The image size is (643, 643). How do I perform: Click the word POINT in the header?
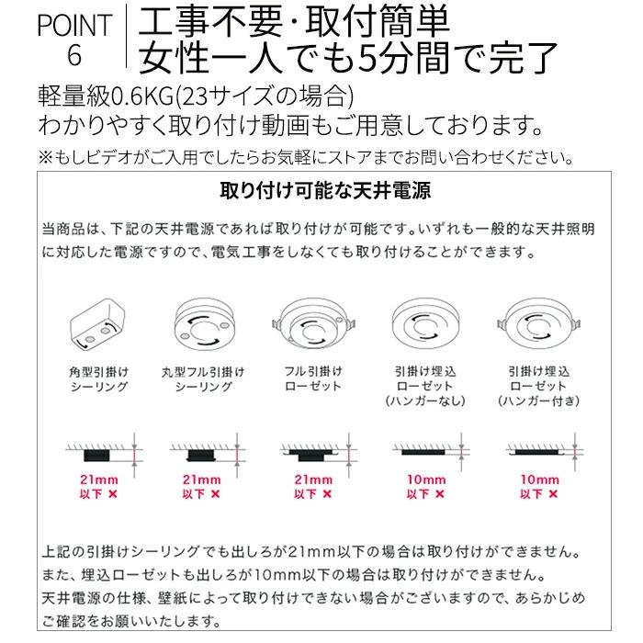74,25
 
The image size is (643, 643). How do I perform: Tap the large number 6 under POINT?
75,57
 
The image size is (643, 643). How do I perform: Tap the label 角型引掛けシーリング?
97,379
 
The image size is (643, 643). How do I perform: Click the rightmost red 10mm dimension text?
540,479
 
